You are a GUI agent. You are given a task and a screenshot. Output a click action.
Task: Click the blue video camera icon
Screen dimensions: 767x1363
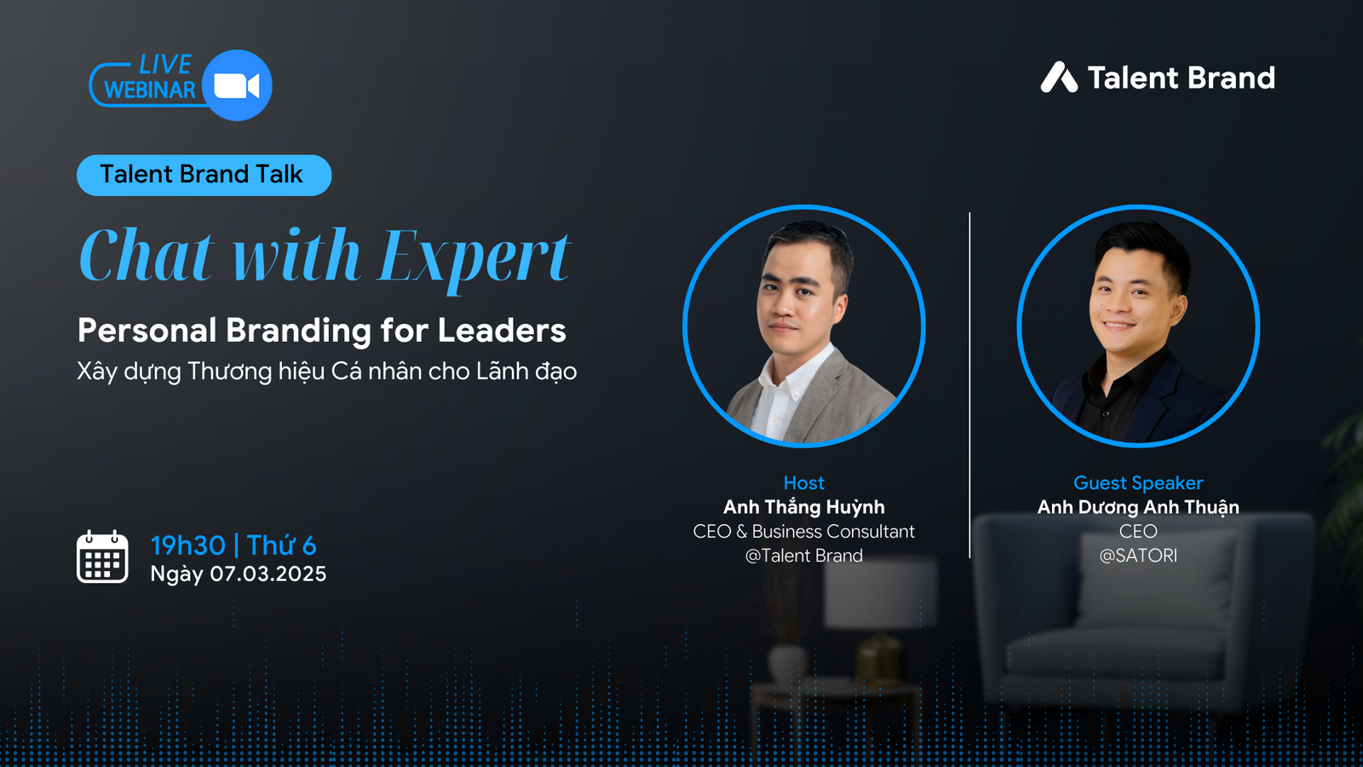[237, 85]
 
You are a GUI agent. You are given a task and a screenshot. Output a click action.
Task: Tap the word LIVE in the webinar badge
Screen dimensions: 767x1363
[165, 65]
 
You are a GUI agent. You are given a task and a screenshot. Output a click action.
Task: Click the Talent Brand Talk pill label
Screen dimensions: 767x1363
[203, 175]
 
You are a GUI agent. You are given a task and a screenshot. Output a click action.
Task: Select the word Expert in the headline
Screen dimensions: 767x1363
[474, 257]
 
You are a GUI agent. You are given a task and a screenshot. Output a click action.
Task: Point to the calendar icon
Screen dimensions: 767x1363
[102, 557]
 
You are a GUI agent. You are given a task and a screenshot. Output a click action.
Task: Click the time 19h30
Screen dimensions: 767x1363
[188, 545]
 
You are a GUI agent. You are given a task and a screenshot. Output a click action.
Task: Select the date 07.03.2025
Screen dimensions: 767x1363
[268, 574]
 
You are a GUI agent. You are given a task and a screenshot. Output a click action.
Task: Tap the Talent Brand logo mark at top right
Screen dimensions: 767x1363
[1059, 78]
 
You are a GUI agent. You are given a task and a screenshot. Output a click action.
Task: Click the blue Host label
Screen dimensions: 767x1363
[803, 483]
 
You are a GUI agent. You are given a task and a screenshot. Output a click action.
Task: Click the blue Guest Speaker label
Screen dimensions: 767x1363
[1138, 483]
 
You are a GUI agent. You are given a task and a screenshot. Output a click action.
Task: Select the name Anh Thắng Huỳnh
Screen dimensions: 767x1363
[803, 507]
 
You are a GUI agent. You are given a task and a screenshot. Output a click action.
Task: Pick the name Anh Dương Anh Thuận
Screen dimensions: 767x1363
[1138, 507]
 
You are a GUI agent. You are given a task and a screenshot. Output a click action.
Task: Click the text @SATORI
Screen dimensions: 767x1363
[1138, 556]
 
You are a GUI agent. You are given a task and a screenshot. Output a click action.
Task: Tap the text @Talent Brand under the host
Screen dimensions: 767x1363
[803, 556]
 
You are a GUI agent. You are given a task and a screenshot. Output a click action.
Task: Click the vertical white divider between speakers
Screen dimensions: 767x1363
[969, 383]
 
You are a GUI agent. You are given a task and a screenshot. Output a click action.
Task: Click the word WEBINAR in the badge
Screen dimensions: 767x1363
[150, 90]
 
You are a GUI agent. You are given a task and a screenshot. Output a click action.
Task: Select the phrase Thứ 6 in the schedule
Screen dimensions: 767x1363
[282, 545]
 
